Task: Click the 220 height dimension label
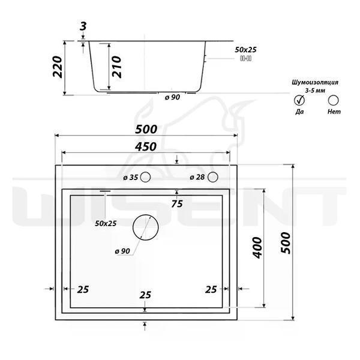click(58, 67)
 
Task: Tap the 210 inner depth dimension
click(116, 67)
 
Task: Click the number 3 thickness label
click(83, 26)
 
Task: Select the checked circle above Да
click(299, 100)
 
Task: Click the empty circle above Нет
click(333, 100)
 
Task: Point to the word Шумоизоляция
click(315, 82)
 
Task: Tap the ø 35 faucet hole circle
click(145, 177)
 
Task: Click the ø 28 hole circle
click(212, 177)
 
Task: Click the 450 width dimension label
click(146, 147)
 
